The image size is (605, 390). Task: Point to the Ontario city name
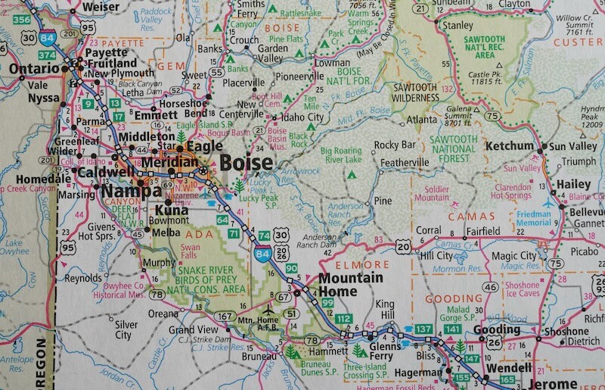(x=34, y=69)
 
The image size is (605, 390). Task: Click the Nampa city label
(x=123, y=192)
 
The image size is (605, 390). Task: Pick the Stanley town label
(x=458, y=25)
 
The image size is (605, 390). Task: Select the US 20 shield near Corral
(x=402, y=246)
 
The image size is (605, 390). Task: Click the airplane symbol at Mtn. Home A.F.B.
(x=268, y=309)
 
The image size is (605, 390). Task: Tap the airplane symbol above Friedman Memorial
(x=548, y=203)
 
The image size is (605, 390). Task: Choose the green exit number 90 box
(x=292, y=269)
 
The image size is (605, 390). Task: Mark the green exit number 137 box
(x=423, y=329)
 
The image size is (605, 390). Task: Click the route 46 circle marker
(x=491, y=287)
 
